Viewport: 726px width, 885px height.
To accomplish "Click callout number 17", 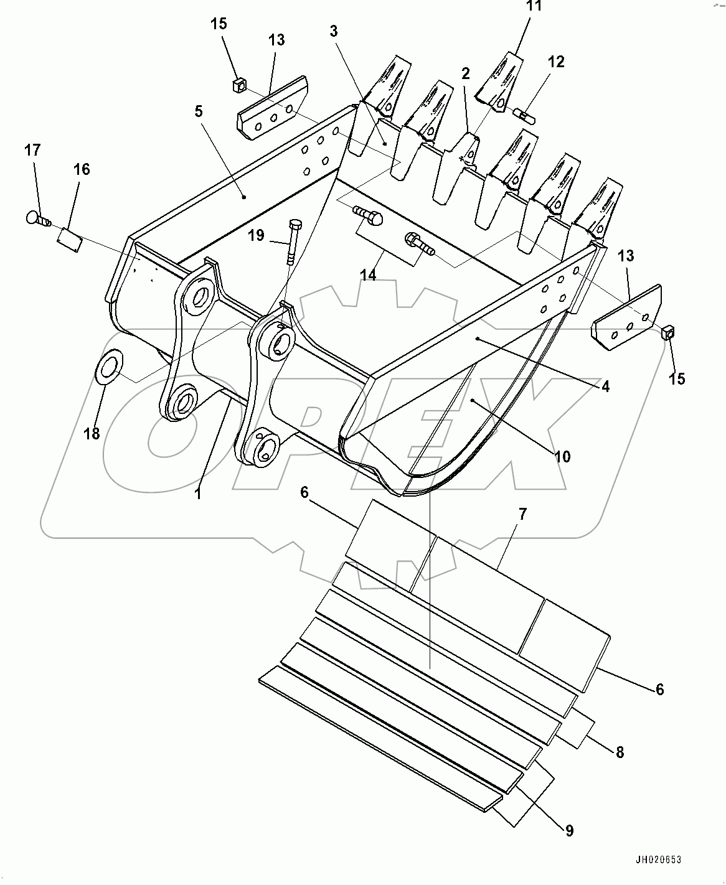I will (x=32, y=150).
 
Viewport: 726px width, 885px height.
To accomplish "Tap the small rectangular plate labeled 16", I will (x=70, y=240).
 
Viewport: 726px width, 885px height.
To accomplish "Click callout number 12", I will (x=556, y=62).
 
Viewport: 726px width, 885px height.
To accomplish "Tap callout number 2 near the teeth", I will (x=465, y=74).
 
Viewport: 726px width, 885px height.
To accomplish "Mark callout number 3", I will (x=334, y=31).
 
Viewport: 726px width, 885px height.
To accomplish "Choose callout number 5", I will (x=198, y=111).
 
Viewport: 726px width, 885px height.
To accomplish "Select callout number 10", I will (x=562, y=457).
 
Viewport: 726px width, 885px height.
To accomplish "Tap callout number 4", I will (x=605, y=386).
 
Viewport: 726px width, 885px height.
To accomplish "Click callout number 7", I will (x=522, y=513).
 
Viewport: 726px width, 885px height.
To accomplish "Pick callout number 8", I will (x=620, y=752).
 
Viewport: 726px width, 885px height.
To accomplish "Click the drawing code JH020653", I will (x=658, y=860).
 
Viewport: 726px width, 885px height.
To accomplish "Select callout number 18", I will (x=92, y=434).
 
